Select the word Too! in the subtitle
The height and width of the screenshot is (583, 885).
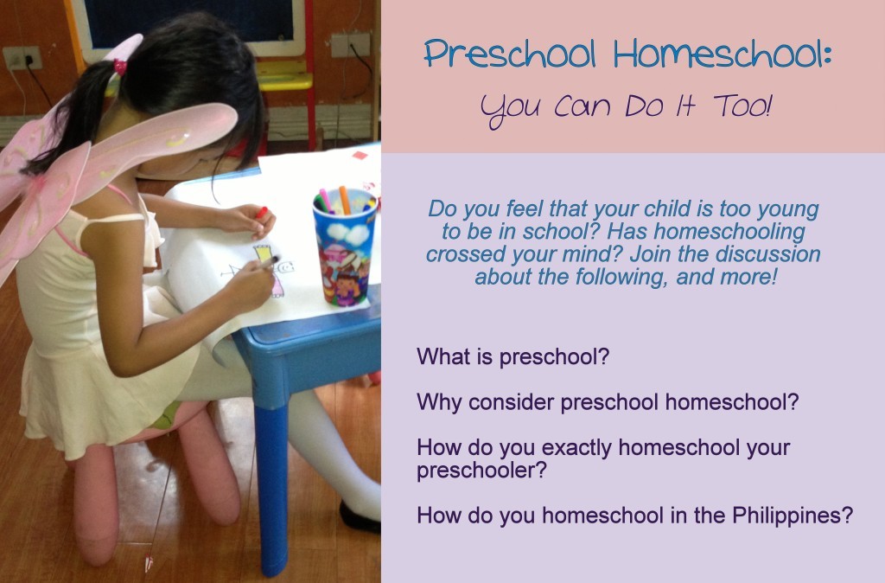742,106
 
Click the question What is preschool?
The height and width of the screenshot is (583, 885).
513,356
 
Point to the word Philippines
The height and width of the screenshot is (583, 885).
793,516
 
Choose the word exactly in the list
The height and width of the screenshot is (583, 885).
576,447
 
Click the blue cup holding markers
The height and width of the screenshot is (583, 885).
345,248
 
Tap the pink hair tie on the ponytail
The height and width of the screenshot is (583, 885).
119,67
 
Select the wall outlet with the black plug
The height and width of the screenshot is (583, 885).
22,58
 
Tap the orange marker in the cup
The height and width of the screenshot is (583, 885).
344,200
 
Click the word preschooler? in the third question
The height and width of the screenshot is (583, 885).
482,470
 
